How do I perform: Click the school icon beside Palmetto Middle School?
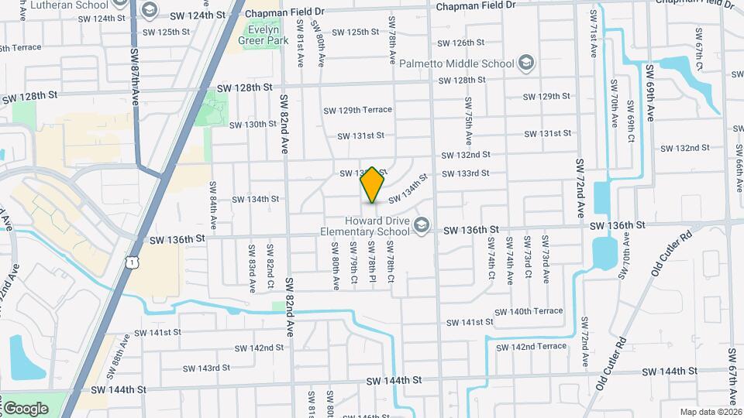(526, 62)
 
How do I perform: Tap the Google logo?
(26, 408)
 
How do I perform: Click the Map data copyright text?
(709, 412)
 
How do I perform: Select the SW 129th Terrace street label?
(359, 110)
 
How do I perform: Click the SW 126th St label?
(461, 43)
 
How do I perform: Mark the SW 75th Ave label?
(469, 121)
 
